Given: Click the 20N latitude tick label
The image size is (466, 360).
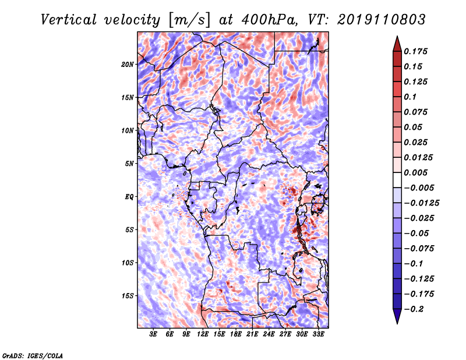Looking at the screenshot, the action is coord(127,65).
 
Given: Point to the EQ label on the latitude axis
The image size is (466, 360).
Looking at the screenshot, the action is coord(129,197).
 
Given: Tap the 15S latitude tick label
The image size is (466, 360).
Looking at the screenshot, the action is coord(128,296).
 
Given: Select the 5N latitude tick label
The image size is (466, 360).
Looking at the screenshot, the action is coord(129,164).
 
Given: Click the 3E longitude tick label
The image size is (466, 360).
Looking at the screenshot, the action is coord(153,334).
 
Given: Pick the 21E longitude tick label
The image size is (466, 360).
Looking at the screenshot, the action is coord(252,334).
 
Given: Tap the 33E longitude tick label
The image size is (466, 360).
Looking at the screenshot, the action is coord(318,334).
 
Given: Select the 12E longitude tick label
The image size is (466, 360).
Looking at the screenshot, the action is coord(203,334).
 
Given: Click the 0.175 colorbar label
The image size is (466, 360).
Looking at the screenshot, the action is coord(415,51).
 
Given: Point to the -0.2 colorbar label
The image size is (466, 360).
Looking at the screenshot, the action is coord(414,309).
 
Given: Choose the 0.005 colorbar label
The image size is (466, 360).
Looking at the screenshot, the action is coord(415,172).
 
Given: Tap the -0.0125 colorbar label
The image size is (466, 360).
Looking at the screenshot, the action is coord(421,203).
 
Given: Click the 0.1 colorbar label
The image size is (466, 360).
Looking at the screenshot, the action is coord(410,97).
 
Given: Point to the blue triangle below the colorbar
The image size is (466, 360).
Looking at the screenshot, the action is coord(397,316).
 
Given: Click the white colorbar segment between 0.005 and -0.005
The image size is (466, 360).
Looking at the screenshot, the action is coord(397,180).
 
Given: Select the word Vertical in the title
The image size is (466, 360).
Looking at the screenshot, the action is coord(69,20).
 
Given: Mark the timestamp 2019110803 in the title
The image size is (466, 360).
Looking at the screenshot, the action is coord(382,20).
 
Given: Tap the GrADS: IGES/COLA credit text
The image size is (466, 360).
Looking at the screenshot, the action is coord(33,356).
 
